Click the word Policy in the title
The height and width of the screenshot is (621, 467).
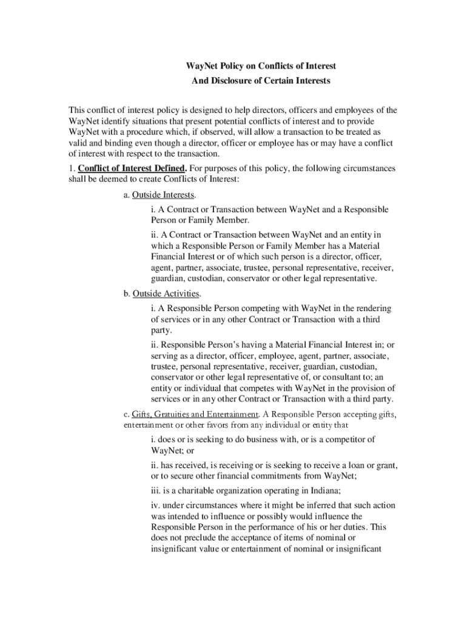[224, 65]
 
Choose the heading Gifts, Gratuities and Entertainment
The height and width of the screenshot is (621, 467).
[195, 414]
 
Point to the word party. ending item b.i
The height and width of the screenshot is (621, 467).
[161, 331]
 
